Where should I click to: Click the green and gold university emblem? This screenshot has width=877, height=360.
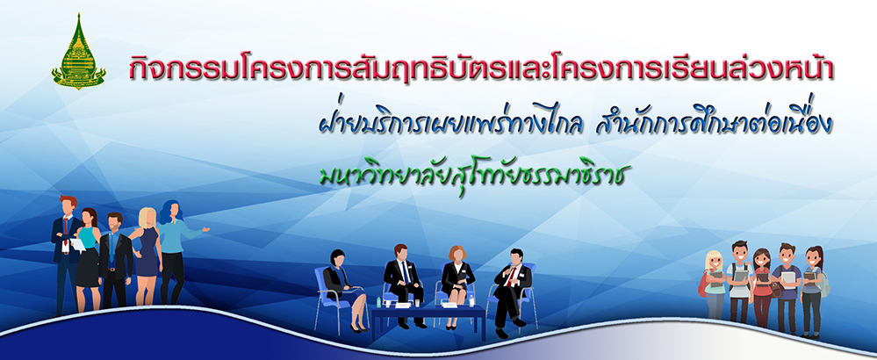click(78, 52)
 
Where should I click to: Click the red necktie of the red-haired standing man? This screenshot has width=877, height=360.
click(66, 227)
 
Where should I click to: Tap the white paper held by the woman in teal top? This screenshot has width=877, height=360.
click(77, 244)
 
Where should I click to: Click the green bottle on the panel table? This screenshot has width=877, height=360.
click(379, 302)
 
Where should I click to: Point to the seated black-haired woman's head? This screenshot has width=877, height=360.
click(337, 257)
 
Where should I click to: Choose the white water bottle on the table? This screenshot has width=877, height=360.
click(471, 300)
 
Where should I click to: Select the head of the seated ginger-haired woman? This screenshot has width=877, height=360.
click(456, 253)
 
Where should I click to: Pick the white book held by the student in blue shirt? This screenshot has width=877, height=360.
click(788, 277)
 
